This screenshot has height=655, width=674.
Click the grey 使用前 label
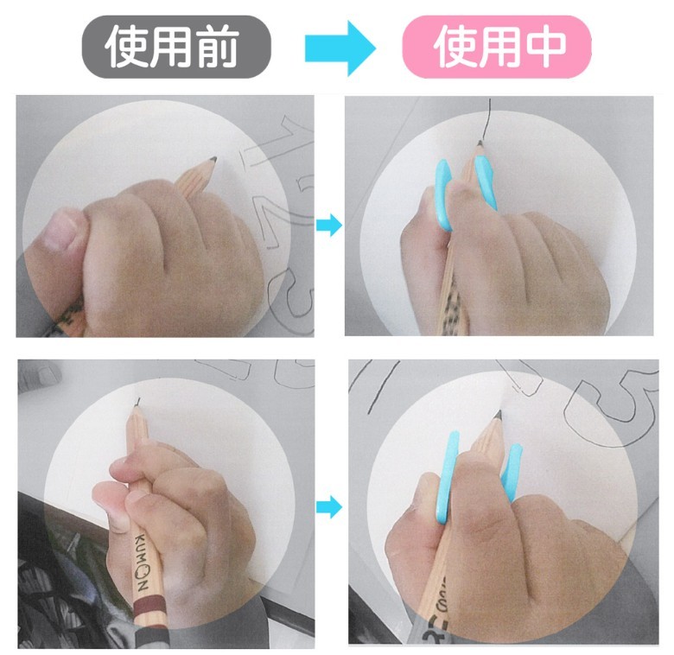coord(176,47)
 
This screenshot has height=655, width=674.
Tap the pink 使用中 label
coord(497,47)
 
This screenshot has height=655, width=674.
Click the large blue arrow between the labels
coord(340,48)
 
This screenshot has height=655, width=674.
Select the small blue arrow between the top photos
coord(329,225)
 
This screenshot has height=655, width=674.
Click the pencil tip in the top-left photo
coord(213,160)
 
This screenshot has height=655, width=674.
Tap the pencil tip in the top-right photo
coord(480,143)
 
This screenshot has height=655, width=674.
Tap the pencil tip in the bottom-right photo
coord(499,415)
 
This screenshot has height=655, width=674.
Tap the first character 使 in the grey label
coord(126,47)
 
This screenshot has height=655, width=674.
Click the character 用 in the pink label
coord(500,47)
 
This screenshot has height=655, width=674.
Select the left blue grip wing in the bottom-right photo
coord(447,477)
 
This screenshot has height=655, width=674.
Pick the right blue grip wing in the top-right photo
coord(486,181)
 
